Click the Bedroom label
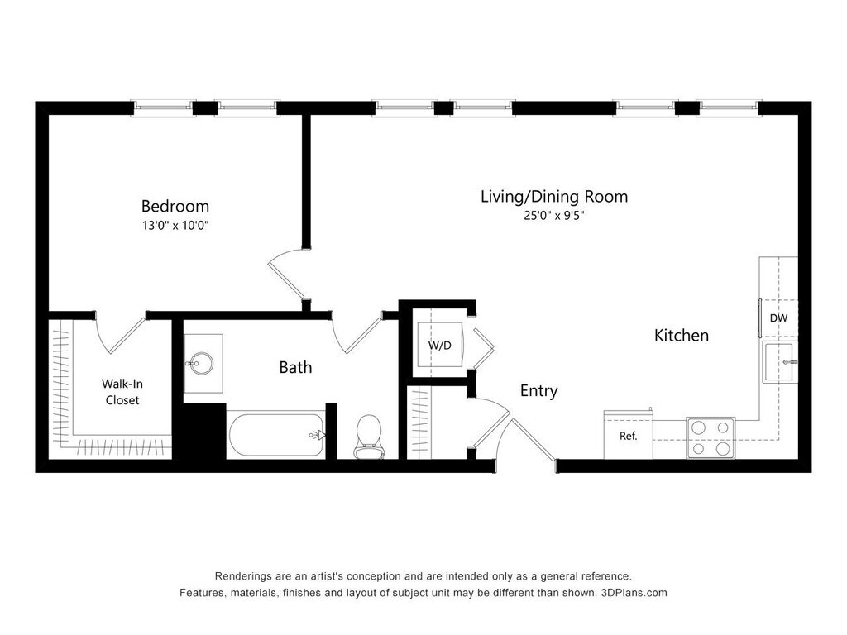point(175,206)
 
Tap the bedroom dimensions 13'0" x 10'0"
point(175,225)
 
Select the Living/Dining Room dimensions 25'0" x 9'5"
point(554,216)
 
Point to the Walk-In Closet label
point(122,392)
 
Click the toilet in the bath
point(369,437)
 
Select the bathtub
point(276,435)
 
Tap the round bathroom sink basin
point(201,363)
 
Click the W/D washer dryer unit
point(440,345)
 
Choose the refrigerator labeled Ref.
point(629,435)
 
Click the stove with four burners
point(711,438)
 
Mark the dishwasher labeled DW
point(778,318)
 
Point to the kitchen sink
point(780,362)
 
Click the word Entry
point(538,391)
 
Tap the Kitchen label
point(682,336)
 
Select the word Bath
point(295,368)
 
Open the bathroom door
point(357,332)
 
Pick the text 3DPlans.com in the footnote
point(634,593)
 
